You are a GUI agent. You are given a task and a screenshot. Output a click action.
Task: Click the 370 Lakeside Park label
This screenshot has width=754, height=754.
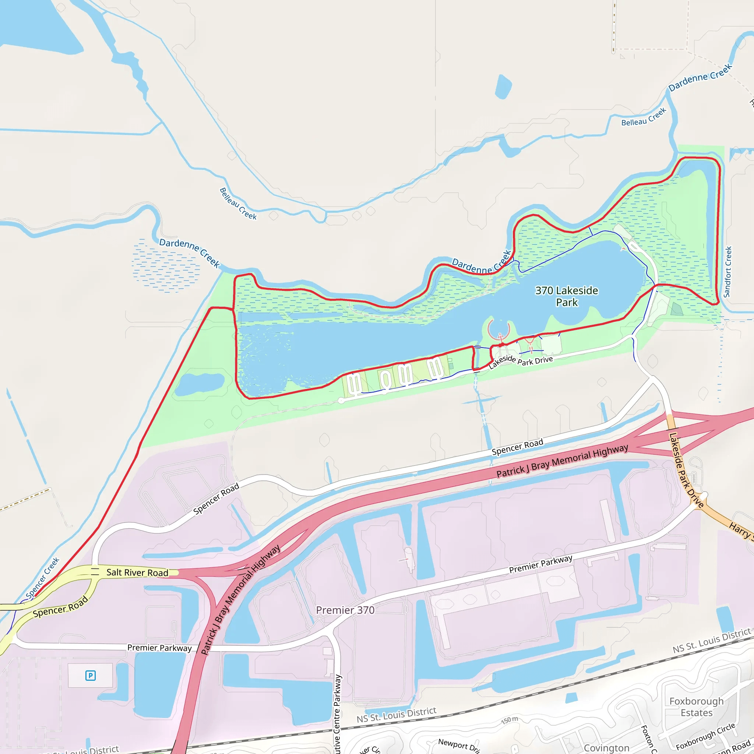coord(566,296)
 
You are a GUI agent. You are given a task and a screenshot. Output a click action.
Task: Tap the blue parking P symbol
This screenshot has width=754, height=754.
coord(91,675)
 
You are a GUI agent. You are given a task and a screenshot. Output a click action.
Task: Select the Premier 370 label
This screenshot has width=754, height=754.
coord(345,610)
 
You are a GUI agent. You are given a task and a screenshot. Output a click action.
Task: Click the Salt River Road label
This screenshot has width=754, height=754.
coord(137,572)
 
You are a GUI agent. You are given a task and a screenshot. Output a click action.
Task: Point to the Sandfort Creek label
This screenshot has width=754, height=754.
coord(727,272)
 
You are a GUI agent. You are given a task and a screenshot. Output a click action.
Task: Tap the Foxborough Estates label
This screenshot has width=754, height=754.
coord(696,707)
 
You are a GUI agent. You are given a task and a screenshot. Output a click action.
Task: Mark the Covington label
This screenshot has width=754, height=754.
coord(606,748)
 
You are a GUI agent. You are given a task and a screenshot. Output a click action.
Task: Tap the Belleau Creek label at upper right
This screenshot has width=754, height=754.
coord(644,117)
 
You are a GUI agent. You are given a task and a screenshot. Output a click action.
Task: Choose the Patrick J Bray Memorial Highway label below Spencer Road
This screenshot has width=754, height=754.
coord(562,461)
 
